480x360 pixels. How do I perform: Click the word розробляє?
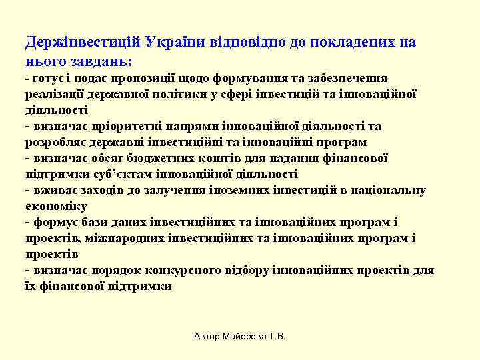[x=57, y=142]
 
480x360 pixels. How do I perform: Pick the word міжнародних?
[x=127, y=238]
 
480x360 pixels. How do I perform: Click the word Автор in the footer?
[x=207, y=337]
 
